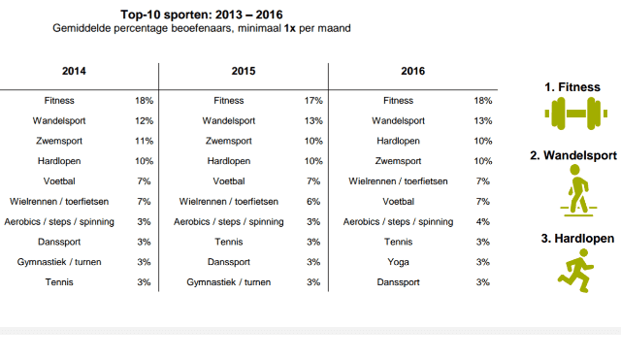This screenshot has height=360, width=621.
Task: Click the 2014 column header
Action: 74,71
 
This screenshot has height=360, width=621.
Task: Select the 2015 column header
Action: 244,71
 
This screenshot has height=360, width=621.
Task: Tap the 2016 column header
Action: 412,71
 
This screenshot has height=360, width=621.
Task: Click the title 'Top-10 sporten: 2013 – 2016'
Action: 202,15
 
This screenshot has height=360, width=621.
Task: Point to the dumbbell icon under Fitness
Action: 575,114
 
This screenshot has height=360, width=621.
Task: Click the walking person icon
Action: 578,190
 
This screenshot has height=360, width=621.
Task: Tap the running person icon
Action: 575,271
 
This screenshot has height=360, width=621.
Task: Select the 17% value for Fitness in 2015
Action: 313,101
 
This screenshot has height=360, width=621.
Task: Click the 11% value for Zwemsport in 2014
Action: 144,141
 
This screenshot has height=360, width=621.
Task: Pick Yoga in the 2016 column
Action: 398,262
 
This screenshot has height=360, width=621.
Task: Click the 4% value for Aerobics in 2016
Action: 483,222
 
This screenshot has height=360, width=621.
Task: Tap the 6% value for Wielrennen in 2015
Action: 313,202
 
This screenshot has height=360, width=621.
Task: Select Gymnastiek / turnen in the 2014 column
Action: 59,262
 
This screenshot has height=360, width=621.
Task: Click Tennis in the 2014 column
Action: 59,282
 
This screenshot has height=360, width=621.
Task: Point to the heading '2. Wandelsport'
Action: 573,155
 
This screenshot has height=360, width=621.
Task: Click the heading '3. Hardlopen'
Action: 577,239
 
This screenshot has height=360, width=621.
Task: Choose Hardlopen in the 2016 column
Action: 398,141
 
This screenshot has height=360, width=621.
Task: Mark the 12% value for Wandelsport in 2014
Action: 144,120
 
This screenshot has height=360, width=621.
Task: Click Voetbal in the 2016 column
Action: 398,202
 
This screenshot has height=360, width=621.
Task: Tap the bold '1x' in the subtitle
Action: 289,28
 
